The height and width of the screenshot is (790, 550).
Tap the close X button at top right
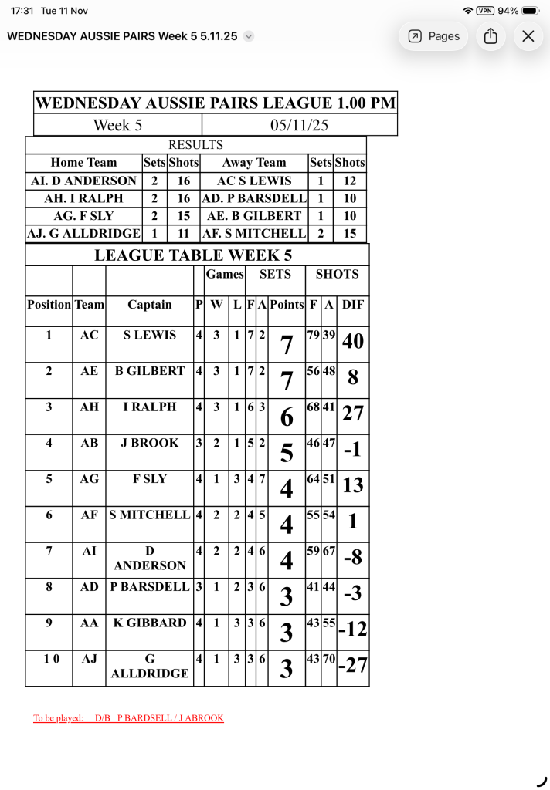pyautogui.click(x=528, y=36)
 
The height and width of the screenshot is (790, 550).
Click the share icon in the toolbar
pyautogui.click(x=491, y=36)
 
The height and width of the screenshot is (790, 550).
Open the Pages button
pyautogui.click(x=433, y=36)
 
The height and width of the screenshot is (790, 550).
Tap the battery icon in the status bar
pyautogui.click(x=531, y=11)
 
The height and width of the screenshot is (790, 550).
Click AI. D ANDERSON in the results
pyautogui.click(x=83, y=181)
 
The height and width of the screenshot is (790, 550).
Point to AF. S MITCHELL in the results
pyautogui.click(x=254, y=233)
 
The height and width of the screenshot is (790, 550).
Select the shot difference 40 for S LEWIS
pyautogui.click(x=352, y=341)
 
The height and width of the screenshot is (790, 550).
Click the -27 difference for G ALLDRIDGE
pyautogui.click(x=352, y=665)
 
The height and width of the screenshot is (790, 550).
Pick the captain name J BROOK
pyautogui.click(x=150, y=443)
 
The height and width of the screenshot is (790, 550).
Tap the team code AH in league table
pyautogui.click(x=89, y=407)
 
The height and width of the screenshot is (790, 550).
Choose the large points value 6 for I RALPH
pyautogui.click(x=287, y=417)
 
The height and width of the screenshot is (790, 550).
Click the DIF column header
pyautogui.click(x=352, y=305)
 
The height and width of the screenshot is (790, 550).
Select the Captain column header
pyautogui.click(x=150, y=305)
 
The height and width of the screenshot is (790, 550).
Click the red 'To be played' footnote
pyautogui.click(x=128, y=718)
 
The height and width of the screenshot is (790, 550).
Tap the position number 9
pyautogui.click(x=49, y=623)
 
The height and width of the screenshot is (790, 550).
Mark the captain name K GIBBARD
pyautogui.click(x=150, y=623)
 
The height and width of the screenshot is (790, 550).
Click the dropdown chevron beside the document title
pyautogui.click(x=248, y=36)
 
